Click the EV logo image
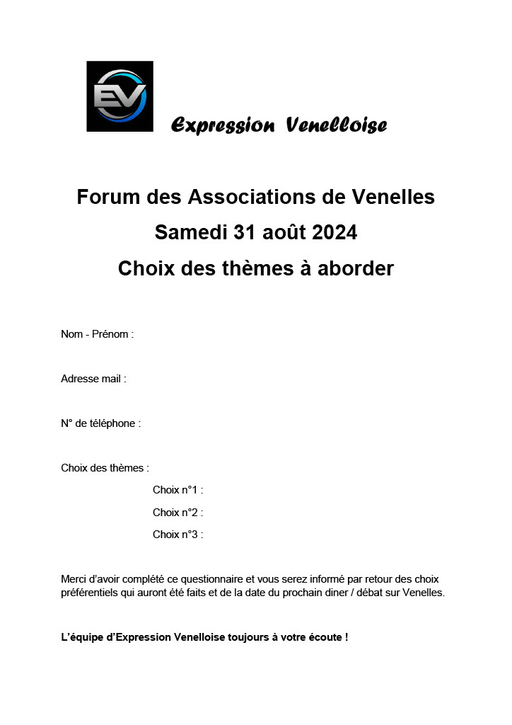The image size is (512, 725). point(120,96)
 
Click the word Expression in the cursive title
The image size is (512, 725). point(223,126)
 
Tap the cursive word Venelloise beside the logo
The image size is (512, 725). point(337,126)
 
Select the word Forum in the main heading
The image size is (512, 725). point(108,197)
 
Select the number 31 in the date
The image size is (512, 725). point(243,232)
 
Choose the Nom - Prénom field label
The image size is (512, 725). point(97,334)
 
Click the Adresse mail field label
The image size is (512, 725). point(93,379)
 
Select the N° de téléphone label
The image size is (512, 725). point(100,423)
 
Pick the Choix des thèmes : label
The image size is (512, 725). point(105,468)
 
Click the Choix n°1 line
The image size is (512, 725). point(178,490)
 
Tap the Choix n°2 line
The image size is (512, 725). point(178,513)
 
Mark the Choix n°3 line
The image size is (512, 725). point(178,535)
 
